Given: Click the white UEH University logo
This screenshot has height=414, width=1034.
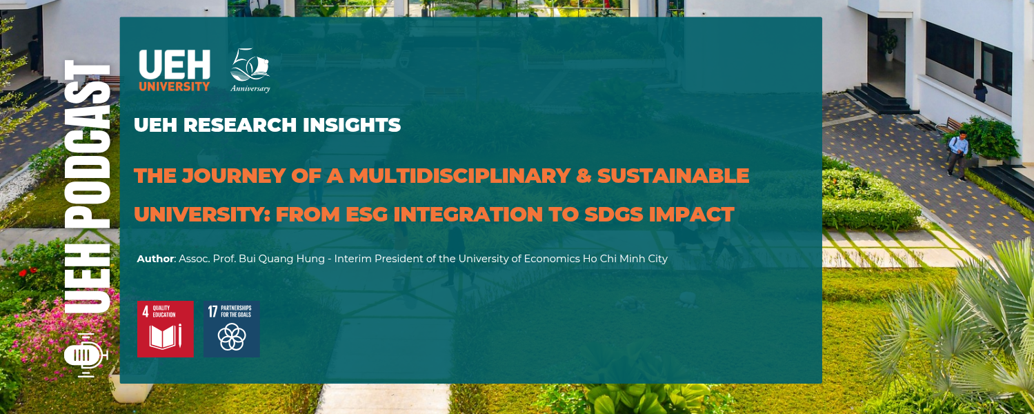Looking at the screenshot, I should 174,70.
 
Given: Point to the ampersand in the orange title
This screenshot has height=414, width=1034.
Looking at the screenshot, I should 583,176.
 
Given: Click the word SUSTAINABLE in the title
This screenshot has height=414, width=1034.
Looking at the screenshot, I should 673,176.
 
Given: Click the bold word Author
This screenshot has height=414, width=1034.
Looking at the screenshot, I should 155,259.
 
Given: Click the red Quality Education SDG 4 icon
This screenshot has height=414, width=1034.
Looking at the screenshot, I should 166,328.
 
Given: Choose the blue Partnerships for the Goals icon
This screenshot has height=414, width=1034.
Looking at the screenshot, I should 232,328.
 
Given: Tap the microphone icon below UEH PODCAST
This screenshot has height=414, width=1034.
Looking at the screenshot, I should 85,355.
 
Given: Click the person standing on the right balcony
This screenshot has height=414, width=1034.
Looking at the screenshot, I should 980,90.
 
